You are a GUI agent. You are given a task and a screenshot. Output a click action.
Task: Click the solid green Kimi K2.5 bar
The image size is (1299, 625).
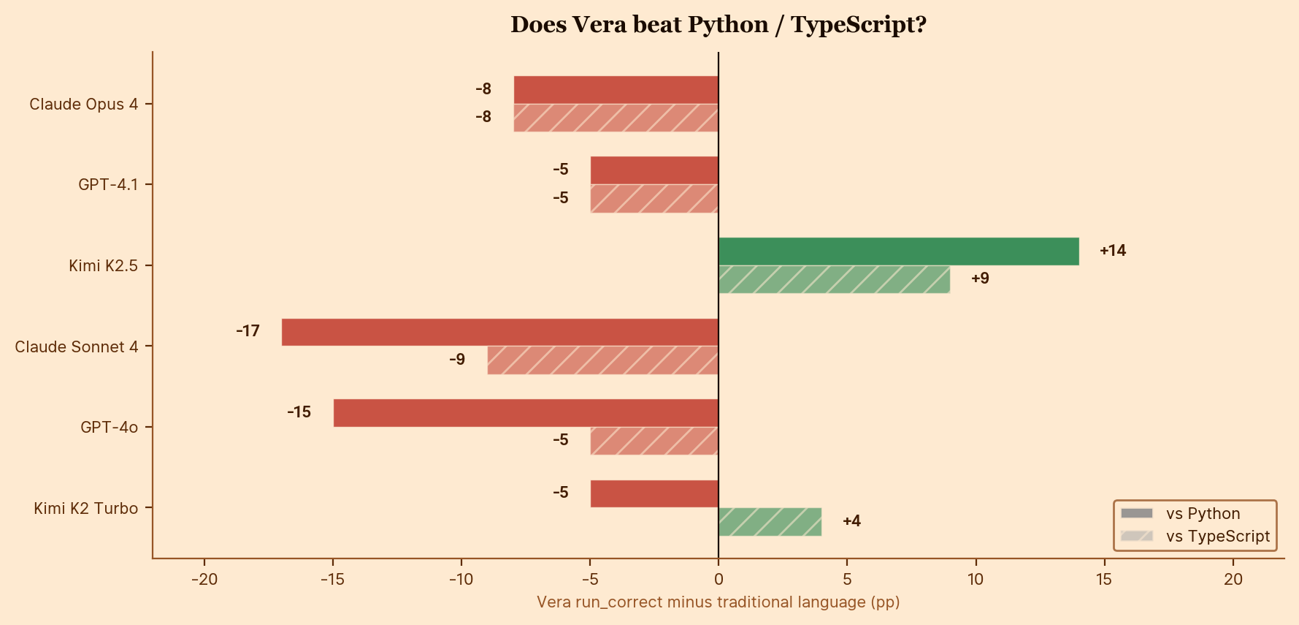pos(898,251)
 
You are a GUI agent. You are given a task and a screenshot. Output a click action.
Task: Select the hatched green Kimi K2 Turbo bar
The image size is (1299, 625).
pos(770,522)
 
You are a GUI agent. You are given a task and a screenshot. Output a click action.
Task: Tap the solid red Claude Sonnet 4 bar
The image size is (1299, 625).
pos(500,332)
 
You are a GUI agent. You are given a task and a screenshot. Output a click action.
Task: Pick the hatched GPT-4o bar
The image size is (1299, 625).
pos(654,441)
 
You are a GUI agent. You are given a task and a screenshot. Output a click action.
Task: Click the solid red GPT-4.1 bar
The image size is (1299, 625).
pos(654,170)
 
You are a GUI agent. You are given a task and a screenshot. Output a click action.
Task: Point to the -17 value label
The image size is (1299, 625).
pos(248,331)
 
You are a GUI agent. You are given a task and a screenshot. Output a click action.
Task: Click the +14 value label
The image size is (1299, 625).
pos(1113,251)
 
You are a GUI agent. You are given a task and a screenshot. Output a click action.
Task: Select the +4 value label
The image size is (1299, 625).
pos(851,521)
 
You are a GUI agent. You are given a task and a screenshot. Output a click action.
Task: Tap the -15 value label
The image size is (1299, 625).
pos(299,412)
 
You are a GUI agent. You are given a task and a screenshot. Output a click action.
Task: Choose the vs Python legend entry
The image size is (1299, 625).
pos(1203,514)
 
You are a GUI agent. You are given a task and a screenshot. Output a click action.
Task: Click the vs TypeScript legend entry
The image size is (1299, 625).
pos(1217,537)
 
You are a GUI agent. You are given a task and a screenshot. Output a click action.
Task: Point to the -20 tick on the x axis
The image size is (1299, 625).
pos(204,580)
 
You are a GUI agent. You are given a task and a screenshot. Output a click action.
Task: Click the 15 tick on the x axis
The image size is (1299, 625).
pos(1104,580)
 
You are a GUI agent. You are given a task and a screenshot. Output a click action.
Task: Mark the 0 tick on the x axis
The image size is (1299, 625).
pos(719,580)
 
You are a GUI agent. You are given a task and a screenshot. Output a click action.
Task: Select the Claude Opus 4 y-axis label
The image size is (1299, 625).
pos(83,105)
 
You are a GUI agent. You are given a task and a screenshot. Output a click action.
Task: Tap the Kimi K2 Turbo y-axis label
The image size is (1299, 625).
pos(85,509)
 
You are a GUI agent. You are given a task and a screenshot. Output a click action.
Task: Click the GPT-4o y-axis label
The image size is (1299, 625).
pos(109,428)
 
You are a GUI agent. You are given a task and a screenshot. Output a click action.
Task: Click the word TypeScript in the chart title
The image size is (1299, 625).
pos(858,25)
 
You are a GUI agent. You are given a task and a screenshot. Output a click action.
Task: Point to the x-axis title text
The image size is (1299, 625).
pos(718,602)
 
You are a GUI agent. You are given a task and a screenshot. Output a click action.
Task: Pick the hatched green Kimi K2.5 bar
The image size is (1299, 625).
pos(834,280)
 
